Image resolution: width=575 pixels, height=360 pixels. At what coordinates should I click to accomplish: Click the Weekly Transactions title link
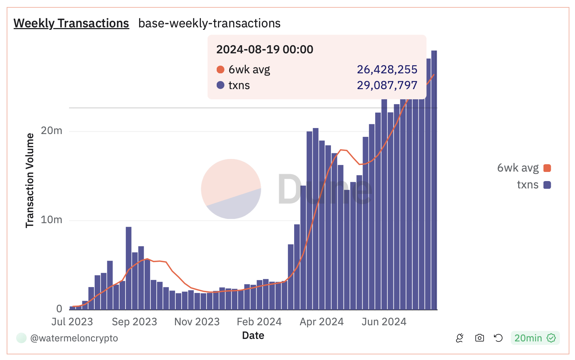(71, 23)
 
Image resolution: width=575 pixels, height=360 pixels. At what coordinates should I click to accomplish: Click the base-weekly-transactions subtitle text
(209, 23)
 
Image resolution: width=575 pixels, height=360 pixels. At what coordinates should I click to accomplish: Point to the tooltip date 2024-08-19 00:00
(265, 49)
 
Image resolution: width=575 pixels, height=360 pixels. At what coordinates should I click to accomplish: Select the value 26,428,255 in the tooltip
(387, 69)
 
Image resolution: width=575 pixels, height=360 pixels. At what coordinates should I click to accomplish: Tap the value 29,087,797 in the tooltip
(387, 85)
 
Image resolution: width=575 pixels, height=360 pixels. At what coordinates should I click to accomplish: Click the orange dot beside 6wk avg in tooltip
(221, 69)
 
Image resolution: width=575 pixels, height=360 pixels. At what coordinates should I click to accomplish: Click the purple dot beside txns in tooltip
(221, 85)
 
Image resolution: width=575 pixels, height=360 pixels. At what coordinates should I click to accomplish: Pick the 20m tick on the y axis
(52, 131)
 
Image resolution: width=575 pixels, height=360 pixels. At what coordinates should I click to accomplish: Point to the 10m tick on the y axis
(52, 220)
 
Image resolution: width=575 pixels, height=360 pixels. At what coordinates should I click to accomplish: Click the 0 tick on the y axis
(59, 309)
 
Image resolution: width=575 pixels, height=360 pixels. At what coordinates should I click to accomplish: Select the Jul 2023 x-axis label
(72, 321)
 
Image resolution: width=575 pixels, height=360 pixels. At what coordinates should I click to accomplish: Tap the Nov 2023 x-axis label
(197, 321)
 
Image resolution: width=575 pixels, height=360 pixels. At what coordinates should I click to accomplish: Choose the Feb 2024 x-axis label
(259, 321)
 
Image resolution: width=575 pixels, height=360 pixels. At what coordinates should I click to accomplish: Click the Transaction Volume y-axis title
(30, 180)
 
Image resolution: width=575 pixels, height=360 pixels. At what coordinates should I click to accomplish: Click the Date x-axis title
(253, 335)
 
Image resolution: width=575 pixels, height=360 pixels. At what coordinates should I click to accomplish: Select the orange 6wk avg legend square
(547, 168)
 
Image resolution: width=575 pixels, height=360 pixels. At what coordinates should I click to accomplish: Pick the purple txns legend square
(547, 185)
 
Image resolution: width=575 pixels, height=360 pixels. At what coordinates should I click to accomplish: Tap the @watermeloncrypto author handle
(74, 338)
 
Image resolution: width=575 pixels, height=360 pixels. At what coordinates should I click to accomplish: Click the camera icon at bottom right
(479, 338)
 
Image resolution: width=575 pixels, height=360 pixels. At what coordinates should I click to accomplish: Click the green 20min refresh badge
(535, 338)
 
